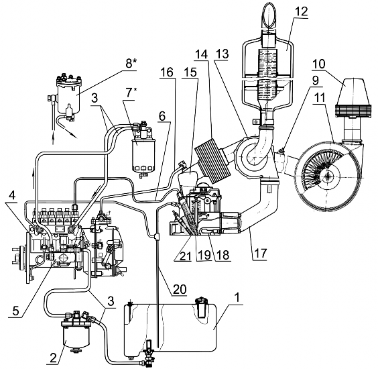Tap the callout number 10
click(319, 64)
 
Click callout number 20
click(179, 288)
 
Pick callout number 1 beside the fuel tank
click(237, 298)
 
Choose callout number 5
click(15, 311)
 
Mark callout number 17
click(261, 254)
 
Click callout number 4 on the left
click(11, 195)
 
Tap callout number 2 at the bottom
click(53, 358)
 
